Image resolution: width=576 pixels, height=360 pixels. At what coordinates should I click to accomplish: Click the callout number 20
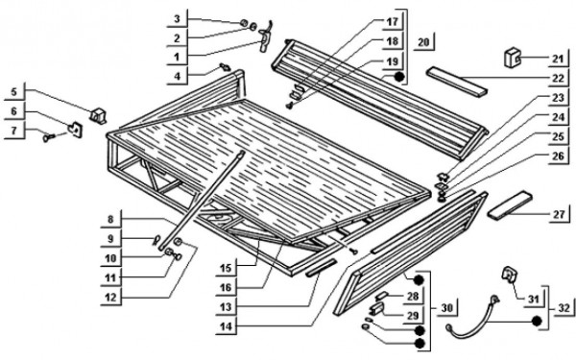(x=423, y=42)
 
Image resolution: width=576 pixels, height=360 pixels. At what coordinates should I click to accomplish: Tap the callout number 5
(x=14, y=92)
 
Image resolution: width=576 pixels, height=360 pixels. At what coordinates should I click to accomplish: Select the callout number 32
(x=564, y=308)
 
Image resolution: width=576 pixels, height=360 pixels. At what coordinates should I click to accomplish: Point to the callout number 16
(x=226, y=288)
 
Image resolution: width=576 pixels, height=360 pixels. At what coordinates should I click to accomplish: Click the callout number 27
(x=559, y=214)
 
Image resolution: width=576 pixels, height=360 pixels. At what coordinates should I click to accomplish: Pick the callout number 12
(x=110, y=298)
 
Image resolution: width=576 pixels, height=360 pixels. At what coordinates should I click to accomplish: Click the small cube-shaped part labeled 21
(x=512, y=58)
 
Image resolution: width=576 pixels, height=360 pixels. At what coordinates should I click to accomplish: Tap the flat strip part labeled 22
(x=457, y=82)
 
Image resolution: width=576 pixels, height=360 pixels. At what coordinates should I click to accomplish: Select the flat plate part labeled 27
(x=510, y=205)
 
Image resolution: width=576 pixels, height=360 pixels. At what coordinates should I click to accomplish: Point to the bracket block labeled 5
(x=98, y=115)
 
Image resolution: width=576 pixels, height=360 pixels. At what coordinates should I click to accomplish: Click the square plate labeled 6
(x=76, y=130)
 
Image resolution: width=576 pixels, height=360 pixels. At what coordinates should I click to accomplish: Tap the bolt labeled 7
(x=49, y=137)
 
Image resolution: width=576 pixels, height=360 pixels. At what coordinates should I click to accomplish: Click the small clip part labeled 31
(x=509, y=275)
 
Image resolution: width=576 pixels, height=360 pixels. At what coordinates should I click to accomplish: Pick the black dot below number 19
(x=399, y=77)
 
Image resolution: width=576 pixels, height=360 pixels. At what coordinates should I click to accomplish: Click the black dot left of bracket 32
(x=537, y=321)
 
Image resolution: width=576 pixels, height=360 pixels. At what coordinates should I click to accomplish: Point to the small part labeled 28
(x=382, y=296)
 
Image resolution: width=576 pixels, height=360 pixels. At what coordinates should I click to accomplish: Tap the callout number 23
(x=558, y=98)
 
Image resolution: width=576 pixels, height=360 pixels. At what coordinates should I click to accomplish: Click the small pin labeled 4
(x=224, y=67)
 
